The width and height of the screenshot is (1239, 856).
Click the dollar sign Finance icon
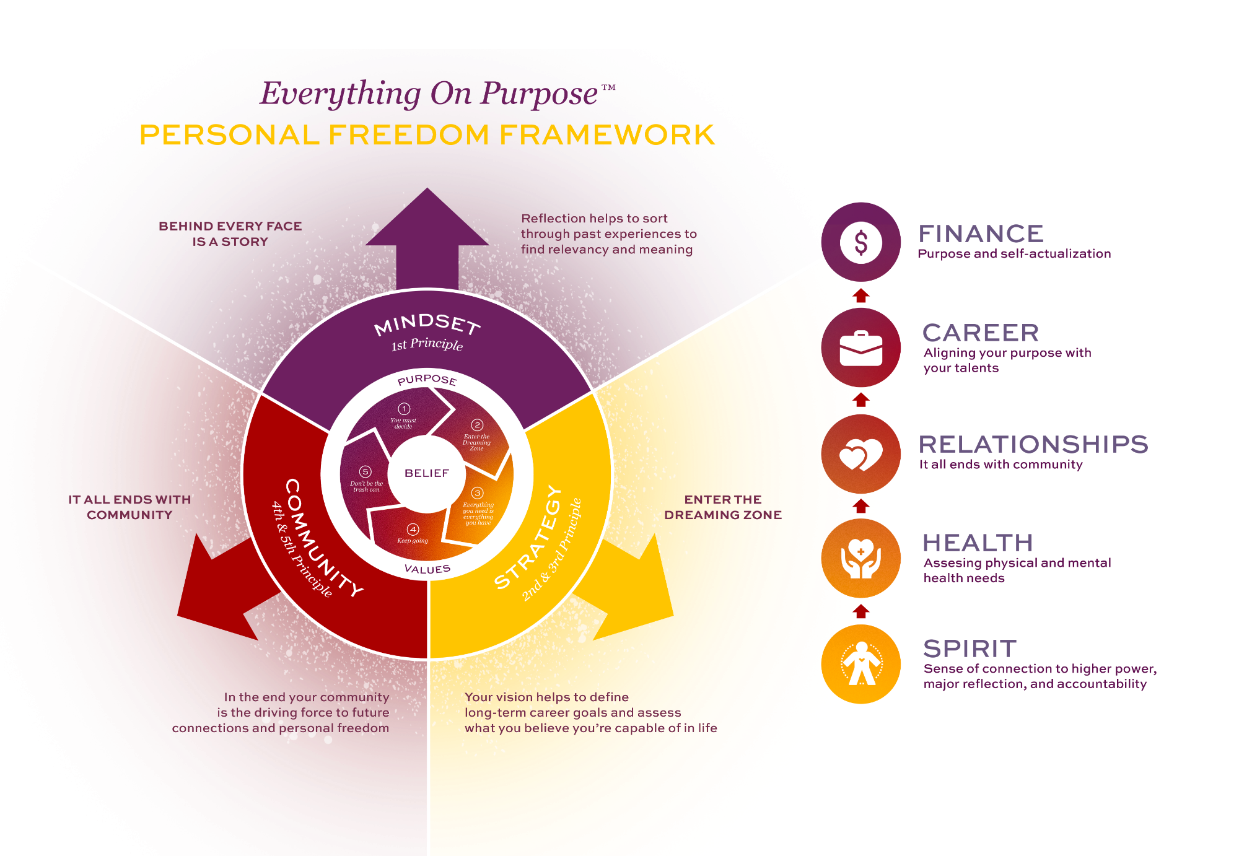coord(860,242)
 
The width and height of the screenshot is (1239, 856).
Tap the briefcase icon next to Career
coord(860,347)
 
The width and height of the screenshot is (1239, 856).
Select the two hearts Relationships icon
coord(860,454)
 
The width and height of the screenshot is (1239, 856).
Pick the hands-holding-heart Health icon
coord(860,558)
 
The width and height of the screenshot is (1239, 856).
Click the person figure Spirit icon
coord(860,664)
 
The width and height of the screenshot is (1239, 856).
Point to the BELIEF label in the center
coord(427,473)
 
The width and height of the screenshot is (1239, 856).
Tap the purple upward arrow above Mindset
coord(427,238)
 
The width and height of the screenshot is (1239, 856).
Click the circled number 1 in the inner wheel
coord(404,409)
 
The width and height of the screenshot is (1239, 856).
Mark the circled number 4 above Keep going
coord(413,530)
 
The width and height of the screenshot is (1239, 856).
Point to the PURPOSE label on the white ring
coord(427,380)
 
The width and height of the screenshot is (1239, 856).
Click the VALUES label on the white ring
coord(427,569)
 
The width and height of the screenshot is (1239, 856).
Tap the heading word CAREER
coord(981,333)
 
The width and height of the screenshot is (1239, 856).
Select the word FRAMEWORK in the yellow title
coord(607,135)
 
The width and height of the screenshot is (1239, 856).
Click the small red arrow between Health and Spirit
coord(860,611)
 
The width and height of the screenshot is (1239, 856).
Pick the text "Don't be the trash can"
coord(367,486)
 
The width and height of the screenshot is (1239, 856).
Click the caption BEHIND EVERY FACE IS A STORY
coord(230,234)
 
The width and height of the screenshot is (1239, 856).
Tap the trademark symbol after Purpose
coord(608,87)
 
